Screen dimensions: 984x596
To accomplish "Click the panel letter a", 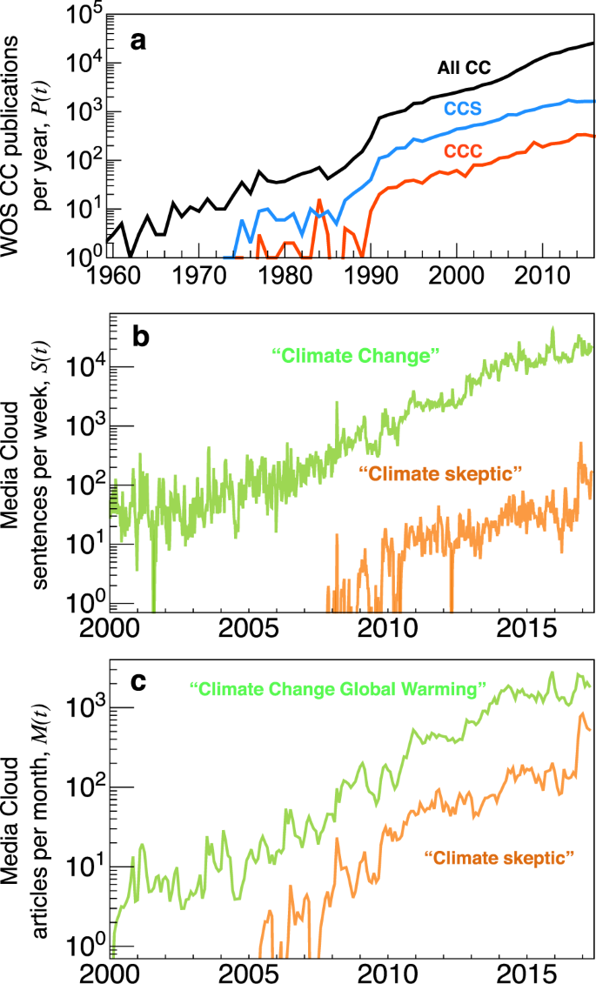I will tap(137, 41).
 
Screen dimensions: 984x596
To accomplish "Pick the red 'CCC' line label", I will tap(464, 151).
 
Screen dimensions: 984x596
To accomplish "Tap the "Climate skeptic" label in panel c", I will tap(501, 859).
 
